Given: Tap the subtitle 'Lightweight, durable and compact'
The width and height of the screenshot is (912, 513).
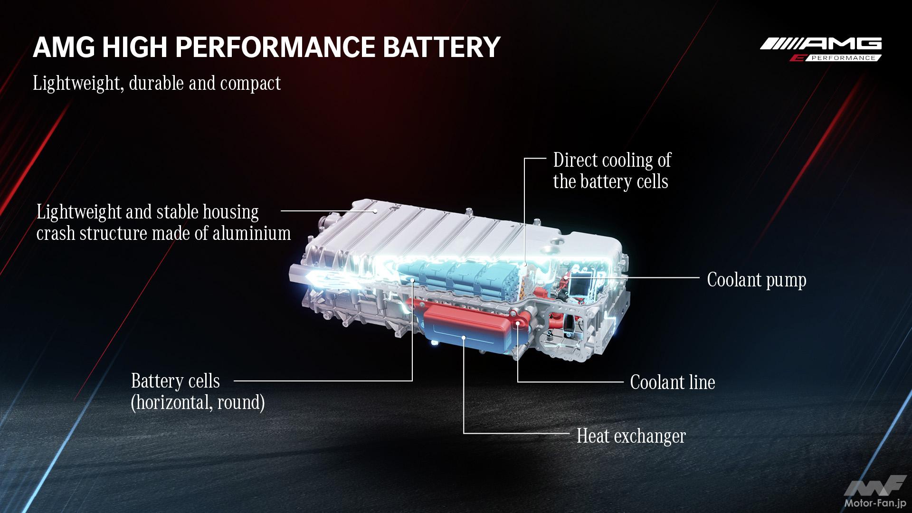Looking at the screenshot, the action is pos(157,83).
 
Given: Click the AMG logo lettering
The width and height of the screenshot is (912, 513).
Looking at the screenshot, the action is pos(821,44).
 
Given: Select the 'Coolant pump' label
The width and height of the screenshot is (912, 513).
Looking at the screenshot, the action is pos(757,280).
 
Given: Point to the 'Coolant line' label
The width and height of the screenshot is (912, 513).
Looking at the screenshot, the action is pos(673,382).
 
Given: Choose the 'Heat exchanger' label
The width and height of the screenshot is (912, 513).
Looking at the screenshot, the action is pos(631,436).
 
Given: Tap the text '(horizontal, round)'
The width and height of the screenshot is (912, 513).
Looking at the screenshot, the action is pos(198,402).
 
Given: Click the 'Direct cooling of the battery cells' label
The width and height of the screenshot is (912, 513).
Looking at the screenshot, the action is pos(612,171).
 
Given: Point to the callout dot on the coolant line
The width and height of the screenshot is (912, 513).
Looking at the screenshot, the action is pos(517,324).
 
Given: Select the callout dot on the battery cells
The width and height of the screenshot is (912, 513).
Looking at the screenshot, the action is pos(412,281).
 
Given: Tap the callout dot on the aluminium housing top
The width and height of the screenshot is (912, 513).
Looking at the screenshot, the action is pos(375,210).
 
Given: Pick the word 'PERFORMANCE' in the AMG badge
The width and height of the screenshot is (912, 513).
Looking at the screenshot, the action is pos(843,58).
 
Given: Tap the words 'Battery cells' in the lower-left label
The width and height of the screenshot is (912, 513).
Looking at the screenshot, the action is pos(175,381).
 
